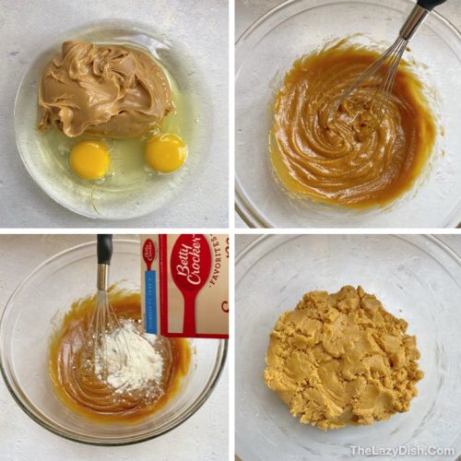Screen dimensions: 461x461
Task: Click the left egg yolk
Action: pyautogui.click(x=89, y=160)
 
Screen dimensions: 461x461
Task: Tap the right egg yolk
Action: pyautogui.click(x=166, y=152)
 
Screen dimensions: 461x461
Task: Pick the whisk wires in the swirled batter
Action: pyautogui.click(x=369, y=83)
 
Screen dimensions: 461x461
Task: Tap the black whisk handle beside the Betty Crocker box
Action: pyautogui.click(x=105, y=249)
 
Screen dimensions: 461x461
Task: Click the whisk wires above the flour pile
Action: pyautogui.click(x=104, y=309)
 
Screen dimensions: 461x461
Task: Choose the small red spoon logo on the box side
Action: pyautogui.click(x=148, y=253)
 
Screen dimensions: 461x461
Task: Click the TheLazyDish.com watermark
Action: pyautogui.click(x=401, y=451)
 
